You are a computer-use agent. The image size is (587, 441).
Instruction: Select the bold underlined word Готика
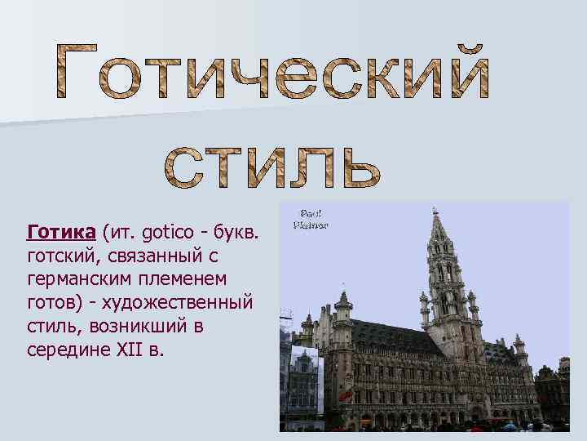click(61, 234)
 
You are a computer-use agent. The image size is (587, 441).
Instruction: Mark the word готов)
click(53, 303)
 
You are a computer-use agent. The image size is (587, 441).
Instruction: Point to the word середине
click(66, 349)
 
